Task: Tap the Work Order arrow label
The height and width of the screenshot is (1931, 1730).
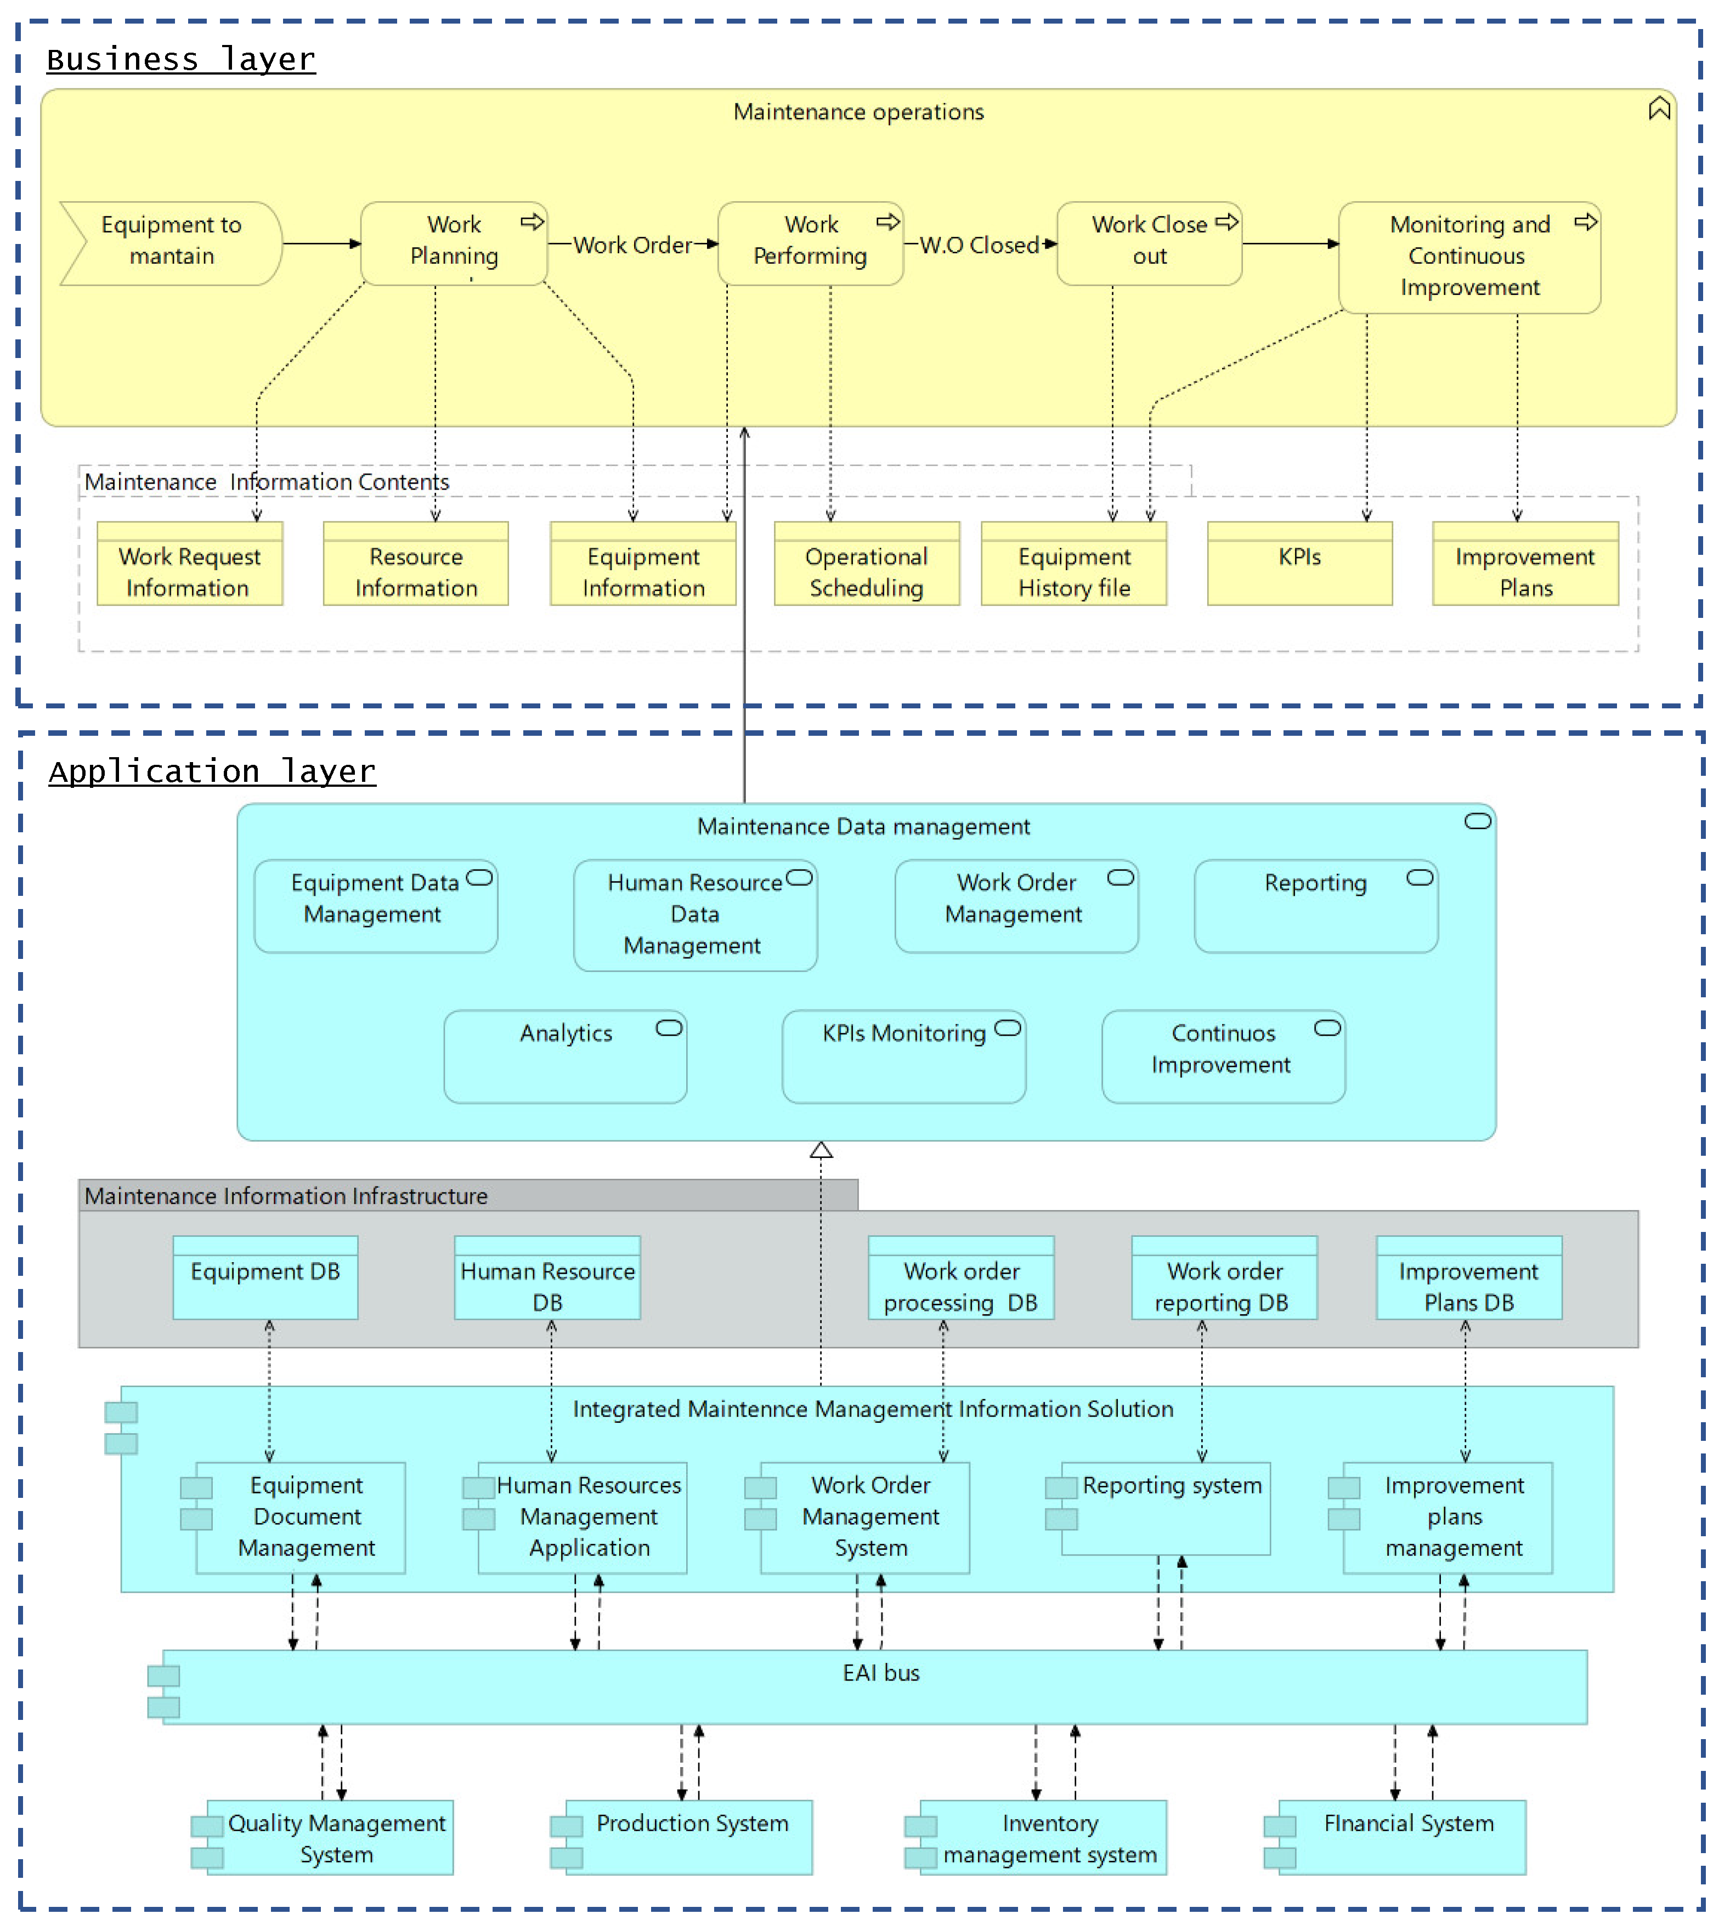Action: pos(632,245)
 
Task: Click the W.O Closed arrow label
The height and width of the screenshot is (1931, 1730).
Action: pos(979,245)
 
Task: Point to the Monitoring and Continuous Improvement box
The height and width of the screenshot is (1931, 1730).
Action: pos(1468,257)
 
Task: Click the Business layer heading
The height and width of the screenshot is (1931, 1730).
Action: pos(180,59)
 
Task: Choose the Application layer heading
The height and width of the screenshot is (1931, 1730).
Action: pos(212,771)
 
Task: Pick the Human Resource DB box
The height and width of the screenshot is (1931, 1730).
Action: pos(547,1286)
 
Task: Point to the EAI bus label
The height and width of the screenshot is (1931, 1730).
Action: pos(880,1673)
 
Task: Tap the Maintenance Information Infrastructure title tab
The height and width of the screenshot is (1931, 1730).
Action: pos(285,1195)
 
